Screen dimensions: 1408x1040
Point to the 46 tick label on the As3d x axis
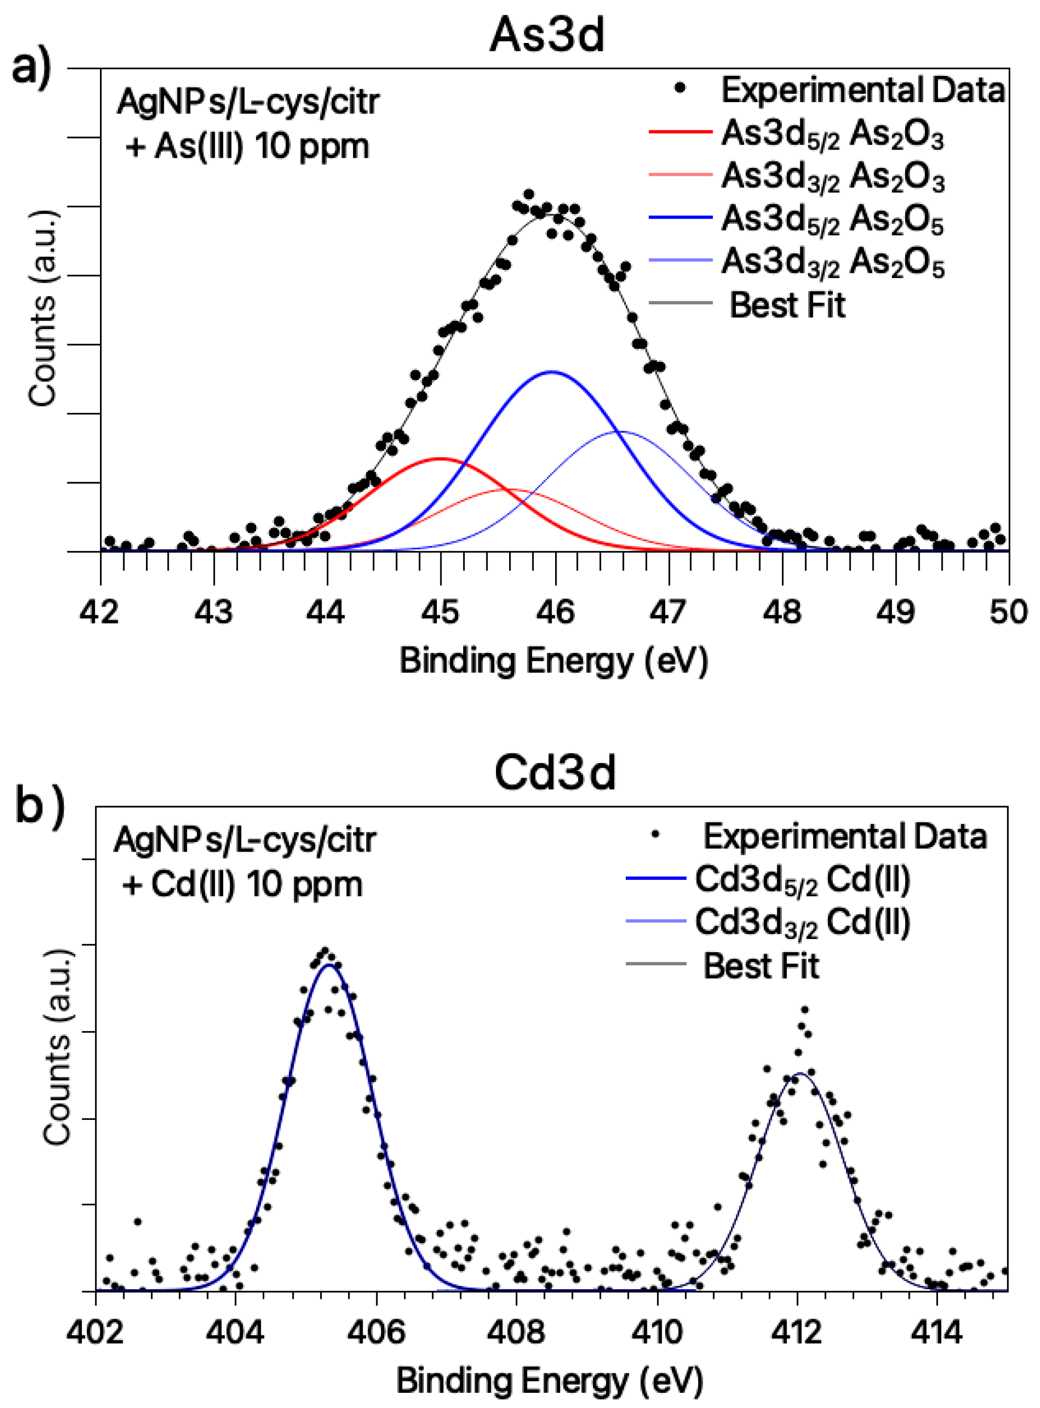coord(555,612)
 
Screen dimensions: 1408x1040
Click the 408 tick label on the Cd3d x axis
coord(516,1333)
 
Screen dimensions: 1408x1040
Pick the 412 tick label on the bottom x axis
coord(797,1333)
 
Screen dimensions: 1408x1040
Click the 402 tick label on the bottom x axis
coord(95,1333)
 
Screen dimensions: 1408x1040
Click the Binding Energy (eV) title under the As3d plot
coord(554,661)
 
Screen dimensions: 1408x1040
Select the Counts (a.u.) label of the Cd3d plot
coord(57,1046)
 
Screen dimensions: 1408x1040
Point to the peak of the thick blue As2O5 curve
coord(552,371)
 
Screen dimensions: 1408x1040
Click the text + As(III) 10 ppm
coord(247,147)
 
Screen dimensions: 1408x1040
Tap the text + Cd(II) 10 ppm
coord(242,884)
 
